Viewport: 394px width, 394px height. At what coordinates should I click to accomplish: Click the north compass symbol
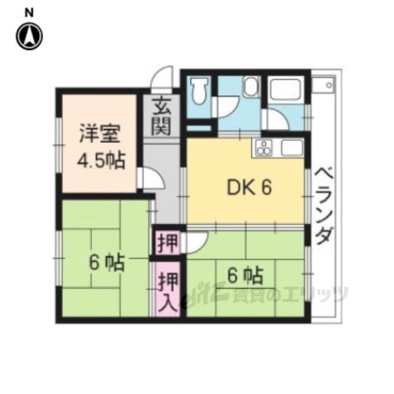29,36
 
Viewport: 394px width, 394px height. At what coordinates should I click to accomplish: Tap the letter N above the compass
29,13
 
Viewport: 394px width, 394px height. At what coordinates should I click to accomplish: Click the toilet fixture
199,89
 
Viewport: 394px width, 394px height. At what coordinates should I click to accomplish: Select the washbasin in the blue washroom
250,86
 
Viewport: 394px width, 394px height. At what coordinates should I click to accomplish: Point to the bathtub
285,89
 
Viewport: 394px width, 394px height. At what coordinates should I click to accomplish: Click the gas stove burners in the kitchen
264,148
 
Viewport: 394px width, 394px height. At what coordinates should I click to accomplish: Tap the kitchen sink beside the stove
292,147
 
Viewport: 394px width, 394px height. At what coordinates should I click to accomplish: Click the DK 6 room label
250,187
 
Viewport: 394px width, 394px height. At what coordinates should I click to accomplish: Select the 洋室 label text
100,133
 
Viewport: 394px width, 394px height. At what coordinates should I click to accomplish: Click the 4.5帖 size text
102,160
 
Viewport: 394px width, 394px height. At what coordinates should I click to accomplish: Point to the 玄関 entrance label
161,116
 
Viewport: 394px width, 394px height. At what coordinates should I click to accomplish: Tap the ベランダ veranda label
324,206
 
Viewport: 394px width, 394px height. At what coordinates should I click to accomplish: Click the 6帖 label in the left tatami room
107,263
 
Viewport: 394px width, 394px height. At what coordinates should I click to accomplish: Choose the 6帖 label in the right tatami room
245,276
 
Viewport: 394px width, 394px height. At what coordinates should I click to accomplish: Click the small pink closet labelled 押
168,243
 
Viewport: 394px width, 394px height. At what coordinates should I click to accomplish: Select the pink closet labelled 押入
168,290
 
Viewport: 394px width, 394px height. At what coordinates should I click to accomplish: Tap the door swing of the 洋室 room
151,179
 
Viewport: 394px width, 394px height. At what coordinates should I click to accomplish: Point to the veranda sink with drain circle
324,85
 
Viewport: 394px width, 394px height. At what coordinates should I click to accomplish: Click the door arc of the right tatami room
196,243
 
